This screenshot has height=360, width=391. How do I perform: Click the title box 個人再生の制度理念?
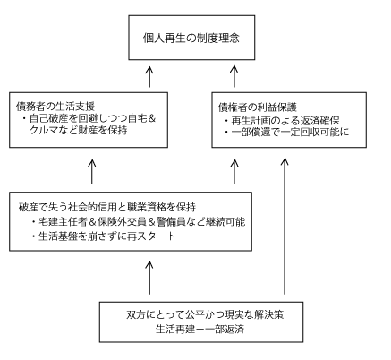[191, 38]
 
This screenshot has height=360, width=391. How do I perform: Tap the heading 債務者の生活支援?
[55, 106]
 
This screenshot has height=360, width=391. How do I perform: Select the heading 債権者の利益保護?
[258, 107]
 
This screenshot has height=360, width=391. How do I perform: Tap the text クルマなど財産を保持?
[79, 130]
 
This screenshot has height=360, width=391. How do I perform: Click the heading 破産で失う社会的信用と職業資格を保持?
[107, 207]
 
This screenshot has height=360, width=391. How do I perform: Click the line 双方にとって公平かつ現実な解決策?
[205, 314]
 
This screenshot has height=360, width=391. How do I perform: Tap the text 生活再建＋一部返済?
[200, 329]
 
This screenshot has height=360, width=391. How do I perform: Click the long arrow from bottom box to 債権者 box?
[285, 226]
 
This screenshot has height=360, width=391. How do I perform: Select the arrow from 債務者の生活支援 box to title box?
[149, 76]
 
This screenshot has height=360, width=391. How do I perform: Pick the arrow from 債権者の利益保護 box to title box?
[234, 76]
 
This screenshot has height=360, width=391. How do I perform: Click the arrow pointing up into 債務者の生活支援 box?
[92, 172]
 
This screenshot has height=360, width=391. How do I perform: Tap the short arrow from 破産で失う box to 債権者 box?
[234, 172]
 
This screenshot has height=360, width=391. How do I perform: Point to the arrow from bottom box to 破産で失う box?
[149, 278]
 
